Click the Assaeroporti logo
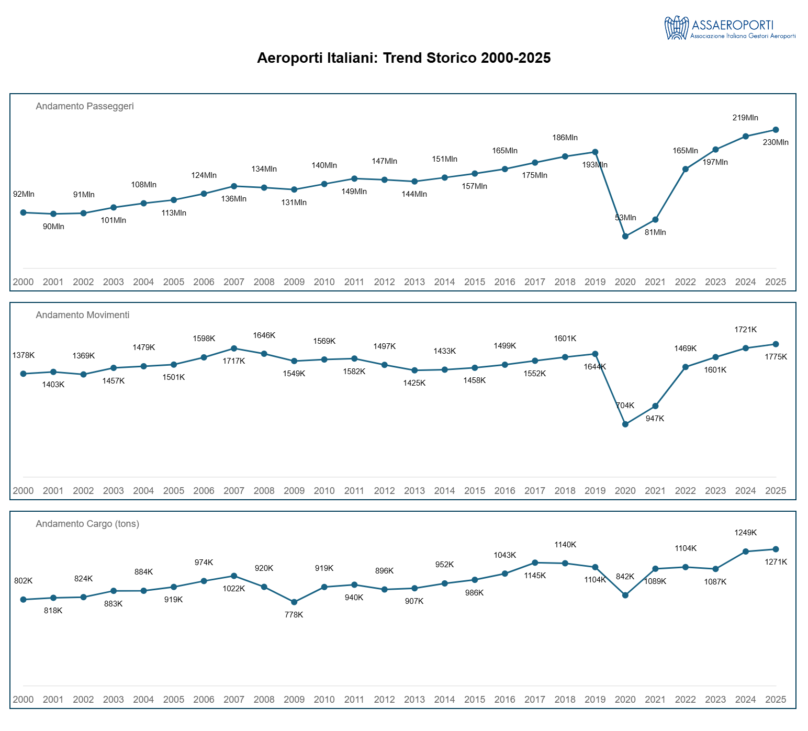tap(730, 28)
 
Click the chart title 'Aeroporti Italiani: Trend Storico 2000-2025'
tap(403, 58)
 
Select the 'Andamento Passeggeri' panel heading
tap(85, 106)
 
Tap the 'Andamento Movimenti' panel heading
tap(83, 315)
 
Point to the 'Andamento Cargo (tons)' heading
tap(87, 524)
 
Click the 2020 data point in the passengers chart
tap(625, 237)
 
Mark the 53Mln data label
tap(625, 218)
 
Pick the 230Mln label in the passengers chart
tap(776, 142)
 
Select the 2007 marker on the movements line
tap(234, 348)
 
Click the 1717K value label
tap(234, 361)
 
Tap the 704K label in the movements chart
tap(625, 406)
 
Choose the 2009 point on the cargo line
tap(294, 602)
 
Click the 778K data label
tap(294, 615)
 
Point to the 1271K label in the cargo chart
tap(776, 562)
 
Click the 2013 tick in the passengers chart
tap(414, 282)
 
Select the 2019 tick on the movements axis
tap(595, 491)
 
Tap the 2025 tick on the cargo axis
tap(776, 700)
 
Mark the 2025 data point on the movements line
tap(776, 344)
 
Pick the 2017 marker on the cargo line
tap(535, 563)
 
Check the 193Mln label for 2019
tap(595, 165)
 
